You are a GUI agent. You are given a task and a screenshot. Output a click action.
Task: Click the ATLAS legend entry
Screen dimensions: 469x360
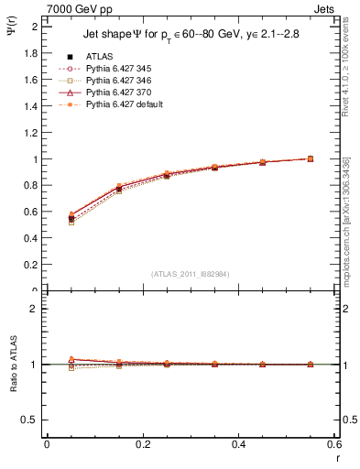[100, 55]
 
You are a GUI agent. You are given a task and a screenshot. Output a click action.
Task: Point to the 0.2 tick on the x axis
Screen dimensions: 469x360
[142, 443]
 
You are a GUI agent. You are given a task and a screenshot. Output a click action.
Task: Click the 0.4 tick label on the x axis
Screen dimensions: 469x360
[238, 443]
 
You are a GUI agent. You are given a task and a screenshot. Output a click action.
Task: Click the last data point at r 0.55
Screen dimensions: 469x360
[310, 158]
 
